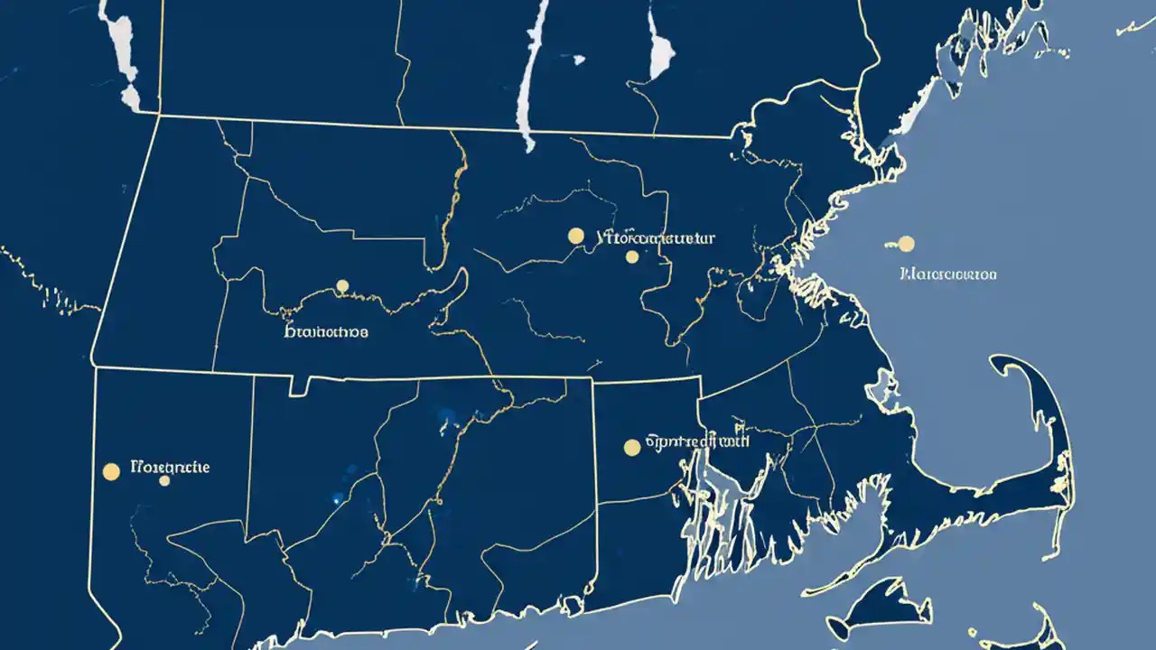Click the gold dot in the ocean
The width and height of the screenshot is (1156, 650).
point(906,244)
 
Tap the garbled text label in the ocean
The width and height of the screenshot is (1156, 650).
point(948,274)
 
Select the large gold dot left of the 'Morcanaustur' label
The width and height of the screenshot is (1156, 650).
point(576,236)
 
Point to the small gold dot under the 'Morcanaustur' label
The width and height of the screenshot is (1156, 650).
point(632,257)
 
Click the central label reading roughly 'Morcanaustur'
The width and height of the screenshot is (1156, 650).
point(657,238)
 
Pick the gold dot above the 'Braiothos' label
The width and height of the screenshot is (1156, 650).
point(342,286)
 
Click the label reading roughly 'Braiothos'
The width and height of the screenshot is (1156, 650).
point(326,331)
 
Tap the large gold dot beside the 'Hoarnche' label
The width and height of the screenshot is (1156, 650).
point(112,471)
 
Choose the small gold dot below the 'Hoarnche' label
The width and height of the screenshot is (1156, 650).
point(164,481)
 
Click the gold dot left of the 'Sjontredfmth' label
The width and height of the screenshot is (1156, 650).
point(632,447)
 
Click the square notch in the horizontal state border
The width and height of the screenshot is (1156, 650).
point(299,386)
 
